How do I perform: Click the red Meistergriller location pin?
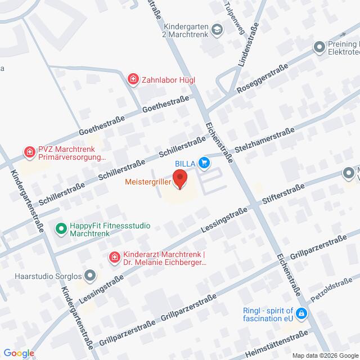pyautogui.click(x=180, y=179)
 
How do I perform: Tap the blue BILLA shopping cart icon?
pyautogui.click(x=204, y=164)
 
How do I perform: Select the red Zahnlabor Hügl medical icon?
pyautogui.click(x=133, y=80)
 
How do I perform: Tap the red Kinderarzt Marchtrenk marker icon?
pyautogui.click(x=114, y=258)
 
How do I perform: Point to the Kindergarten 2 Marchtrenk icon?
pyautogui.click(x=217, y=33)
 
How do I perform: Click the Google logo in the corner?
pyautogui.click(x=18, y=353)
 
